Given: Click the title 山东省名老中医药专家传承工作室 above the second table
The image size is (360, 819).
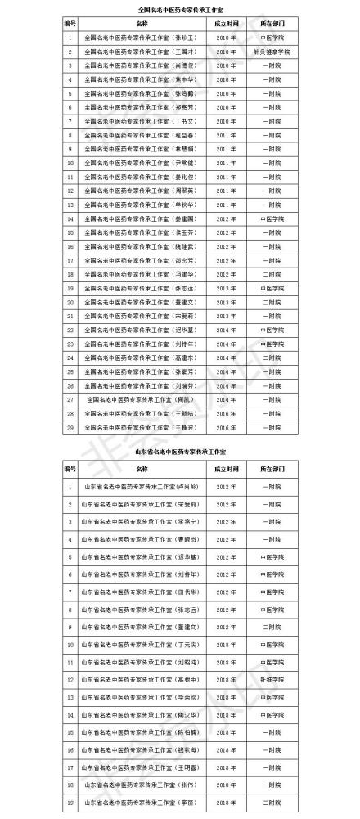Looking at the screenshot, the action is coord(179,451).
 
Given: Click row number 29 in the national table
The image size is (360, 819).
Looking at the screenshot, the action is coord(70,427).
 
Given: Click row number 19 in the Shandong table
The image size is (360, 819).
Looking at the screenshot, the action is coord(70,803).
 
